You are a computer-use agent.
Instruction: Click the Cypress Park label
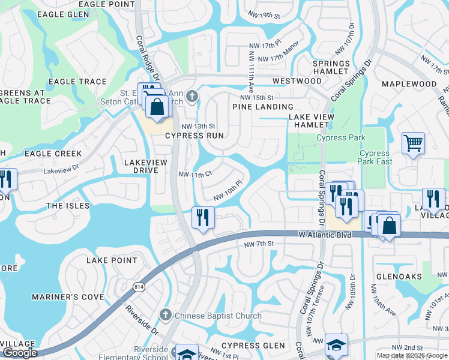[x=341, y=138]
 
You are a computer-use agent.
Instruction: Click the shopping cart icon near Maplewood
[x=413, y=144]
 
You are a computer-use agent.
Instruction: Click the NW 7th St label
[x=259, y=244]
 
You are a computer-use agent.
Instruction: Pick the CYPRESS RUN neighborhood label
[x=195, y=136]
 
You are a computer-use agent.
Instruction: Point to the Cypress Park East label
[x=376, y=158]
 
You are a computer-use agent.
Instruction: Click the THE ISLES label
[x=68, y=206]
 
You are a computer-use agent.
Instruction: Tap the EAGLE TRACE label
[x=77, y=82]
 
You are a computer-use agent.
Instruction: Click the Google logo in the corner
[x=20, y=353]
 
